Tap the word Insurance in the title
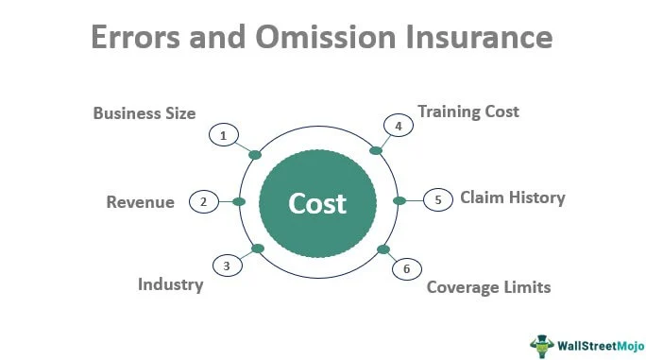484,38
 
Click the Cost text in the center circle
317,203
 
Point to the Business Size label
144,113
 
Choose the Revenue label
140,202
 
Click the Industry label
170,283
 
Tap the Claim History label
512,197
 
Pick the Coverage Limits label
488,286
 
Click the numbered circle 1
223,136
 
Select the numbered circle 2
202,201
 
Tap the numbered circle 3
227,266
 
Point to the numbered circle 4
398,126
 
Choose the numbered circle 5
437,199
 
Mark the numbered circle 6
406,269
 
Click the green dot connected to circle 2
239,201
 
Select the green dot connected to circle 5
399,200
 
